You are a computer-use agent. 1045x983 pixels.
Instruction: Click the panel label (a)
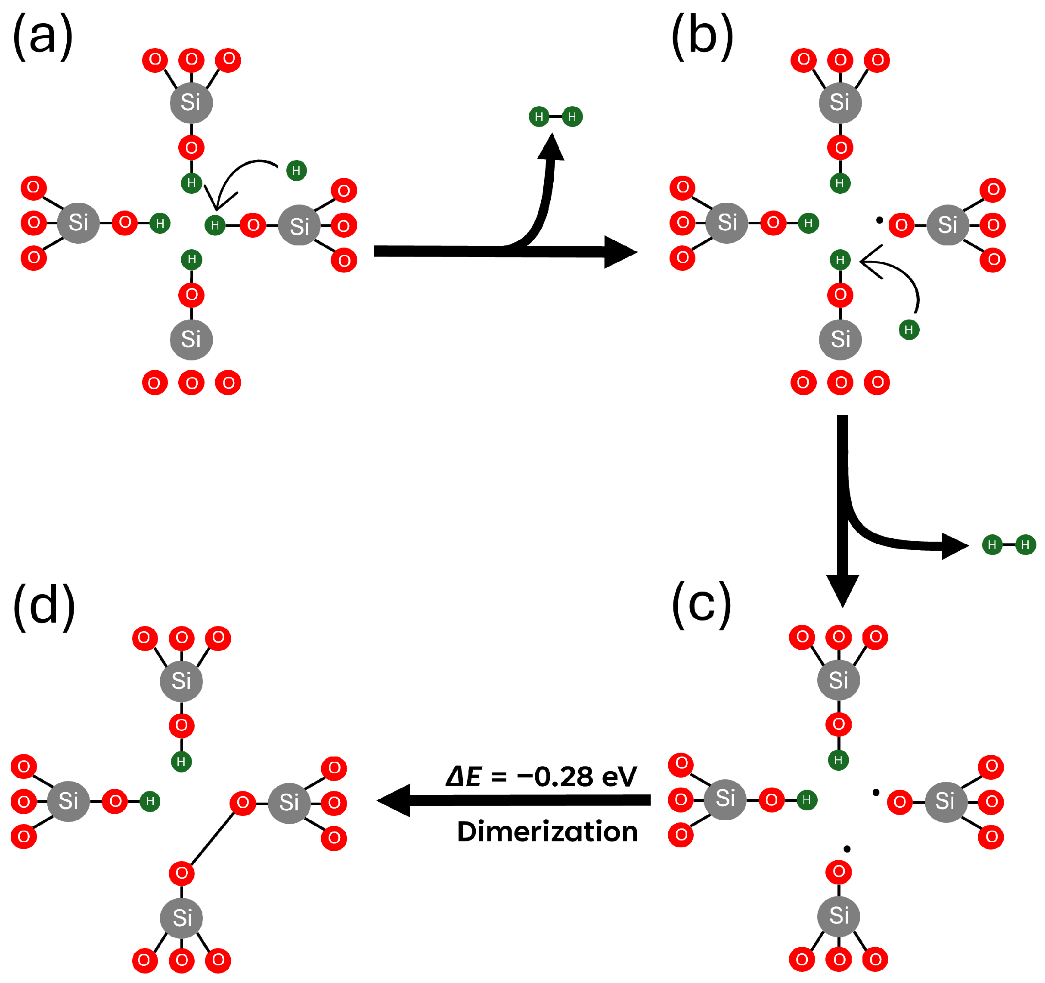[x=42, y=37]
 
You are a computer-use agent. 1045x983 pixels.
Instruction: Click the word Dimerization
[x=547, y=832]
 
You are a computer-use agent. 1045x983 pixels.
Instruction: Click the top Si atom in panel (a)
[x=191, y=102]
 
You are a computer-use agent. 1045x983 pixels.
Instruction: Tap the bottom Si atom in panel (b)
[x=840, y=339]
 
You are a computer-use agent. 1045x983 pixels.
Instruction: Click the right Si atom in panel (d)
[x=289, y=802]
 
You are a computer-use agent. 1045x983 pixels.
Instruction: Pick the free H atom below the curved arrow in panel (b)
[x=909, y=329]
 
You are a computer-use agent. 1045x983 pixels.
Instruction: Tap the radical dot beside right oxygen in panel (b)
[x=879, y=220]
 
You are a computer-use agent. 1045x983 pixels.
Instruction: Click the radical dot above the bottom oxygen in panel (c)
[x=847, y=848]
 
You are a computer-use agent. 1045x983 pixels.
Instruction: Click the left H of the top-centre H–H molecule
[x=539, y=117]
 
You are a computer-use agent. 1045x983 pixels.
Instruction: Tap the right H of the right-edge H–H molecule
[x=1025, y=545]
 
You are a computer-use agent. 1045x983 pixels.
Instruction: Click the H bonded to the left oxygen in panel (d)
[x=150, y=801]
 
